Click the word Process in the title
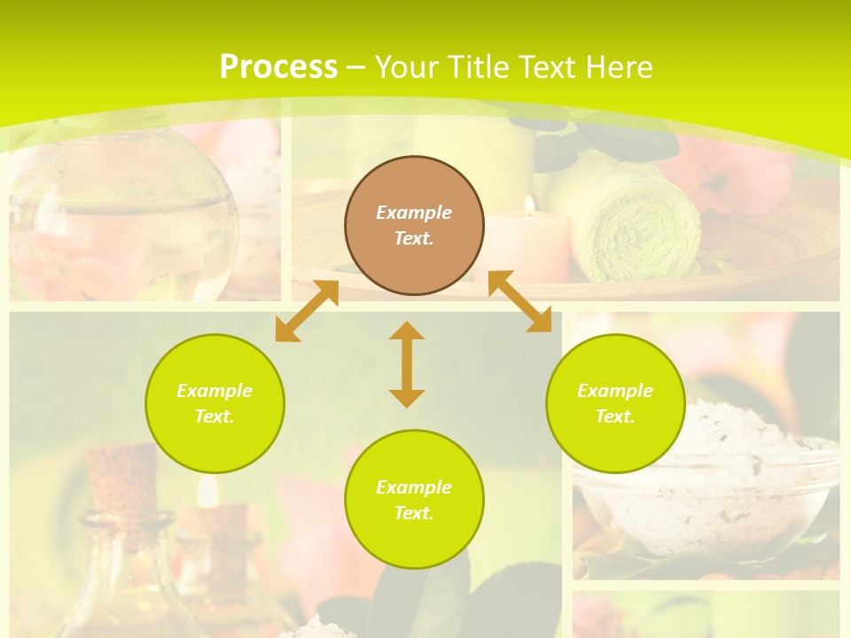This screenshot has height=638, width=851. (x=278, y=67)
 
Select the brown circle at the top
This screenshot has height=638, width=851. (x=414, y=225)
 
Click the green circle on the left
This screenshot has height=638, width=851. (x=215, y=403)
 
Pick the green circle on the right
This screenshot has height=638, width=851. (x=615, y=403)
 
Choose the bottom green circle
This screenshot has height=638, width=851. (x=414, y=499)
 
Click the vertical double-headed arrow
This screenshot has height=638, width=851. (x=407, y=364)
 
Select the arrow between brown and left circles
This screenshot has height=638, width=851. (x=307, y=311)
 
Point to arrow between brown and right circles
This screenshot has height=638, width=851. (x=520, y=301)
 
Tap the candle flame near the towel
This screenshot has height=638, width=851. (x=529, y=206)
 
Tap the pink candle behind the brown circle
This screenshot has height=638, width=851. (x=532, y=248)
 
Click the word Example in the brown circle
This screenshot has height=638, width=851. (x=414, y=213)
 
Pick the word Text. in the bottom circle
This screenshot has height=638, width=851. (x=414, y=513)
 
